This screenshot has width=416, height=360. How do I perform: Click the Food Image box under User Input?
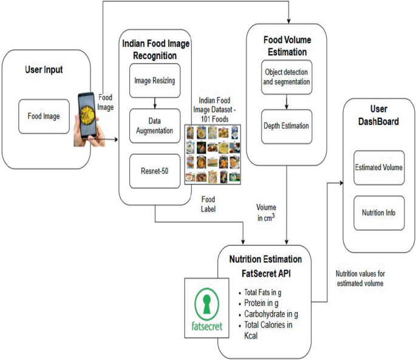43,115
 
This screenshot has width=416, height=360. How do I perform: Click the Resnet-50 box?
155,171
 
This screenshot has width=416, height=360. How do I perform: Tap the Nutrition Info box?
378,213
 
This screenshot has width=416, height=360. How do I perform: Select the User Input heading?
43,70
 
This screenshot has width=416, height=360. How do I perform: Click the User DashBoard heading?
378,116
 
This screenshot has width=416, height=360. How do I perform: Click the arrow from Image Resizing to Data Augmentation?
155,101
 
